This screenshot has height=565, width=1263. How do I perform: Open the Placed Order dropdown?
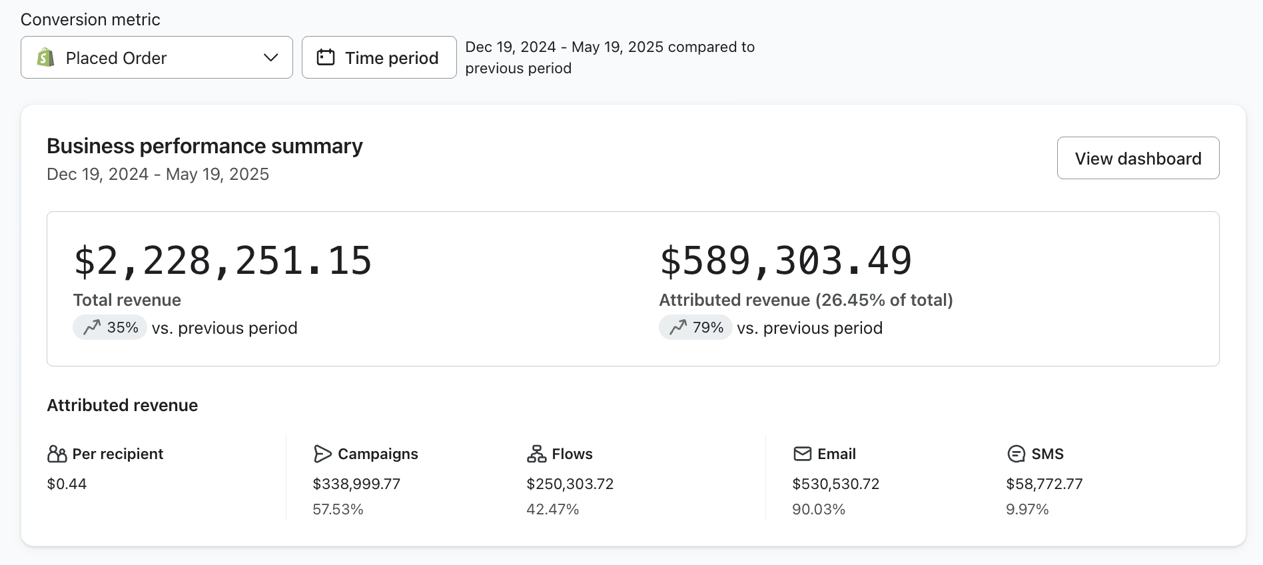point(157,58)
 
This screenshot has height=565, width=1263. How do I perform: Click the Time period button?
point(379,58)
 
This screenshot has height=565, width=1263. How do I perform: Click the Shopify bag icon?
point(45,58)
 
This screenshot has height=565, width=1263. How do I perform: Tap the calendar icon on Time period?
point(326,57)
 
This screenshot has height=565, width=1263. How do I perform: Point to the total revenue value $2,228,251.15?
point(222,261)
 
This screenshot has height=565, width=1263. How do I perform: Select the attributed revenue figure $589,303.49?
point(785,261)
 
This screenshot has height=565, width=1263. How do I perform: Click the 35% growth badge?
point(110,328)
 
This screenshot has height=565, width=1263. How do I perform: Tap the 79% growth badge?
point(695,328)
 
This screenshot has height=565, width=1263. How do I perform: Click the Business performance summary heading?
point(205,146)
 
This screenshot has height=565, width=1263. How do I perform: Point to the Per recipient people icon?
point(57,454)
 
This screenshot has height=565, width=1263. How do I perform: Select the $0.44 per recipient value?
point(67,484)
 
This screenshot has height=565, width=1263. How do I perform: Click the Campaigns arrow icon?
point(322,454)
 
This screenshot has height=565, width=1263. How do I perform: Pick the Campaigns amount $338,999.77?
point(356,484)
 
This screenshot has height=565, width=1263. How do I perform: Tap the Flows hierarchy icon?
point(536,454)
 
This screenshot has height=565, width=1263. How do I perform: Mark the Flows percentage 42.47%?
point(552,509)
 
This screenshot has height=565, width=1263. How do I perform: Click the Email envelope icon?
point(803,454)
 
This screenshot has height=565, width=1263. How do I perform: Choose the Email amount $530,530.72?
point(835,484)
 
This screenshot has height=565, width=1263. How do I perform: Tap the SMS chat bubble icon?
point(1016,454)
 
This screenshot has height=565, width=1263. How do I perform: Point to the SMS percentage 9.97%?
point(1027,509)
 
